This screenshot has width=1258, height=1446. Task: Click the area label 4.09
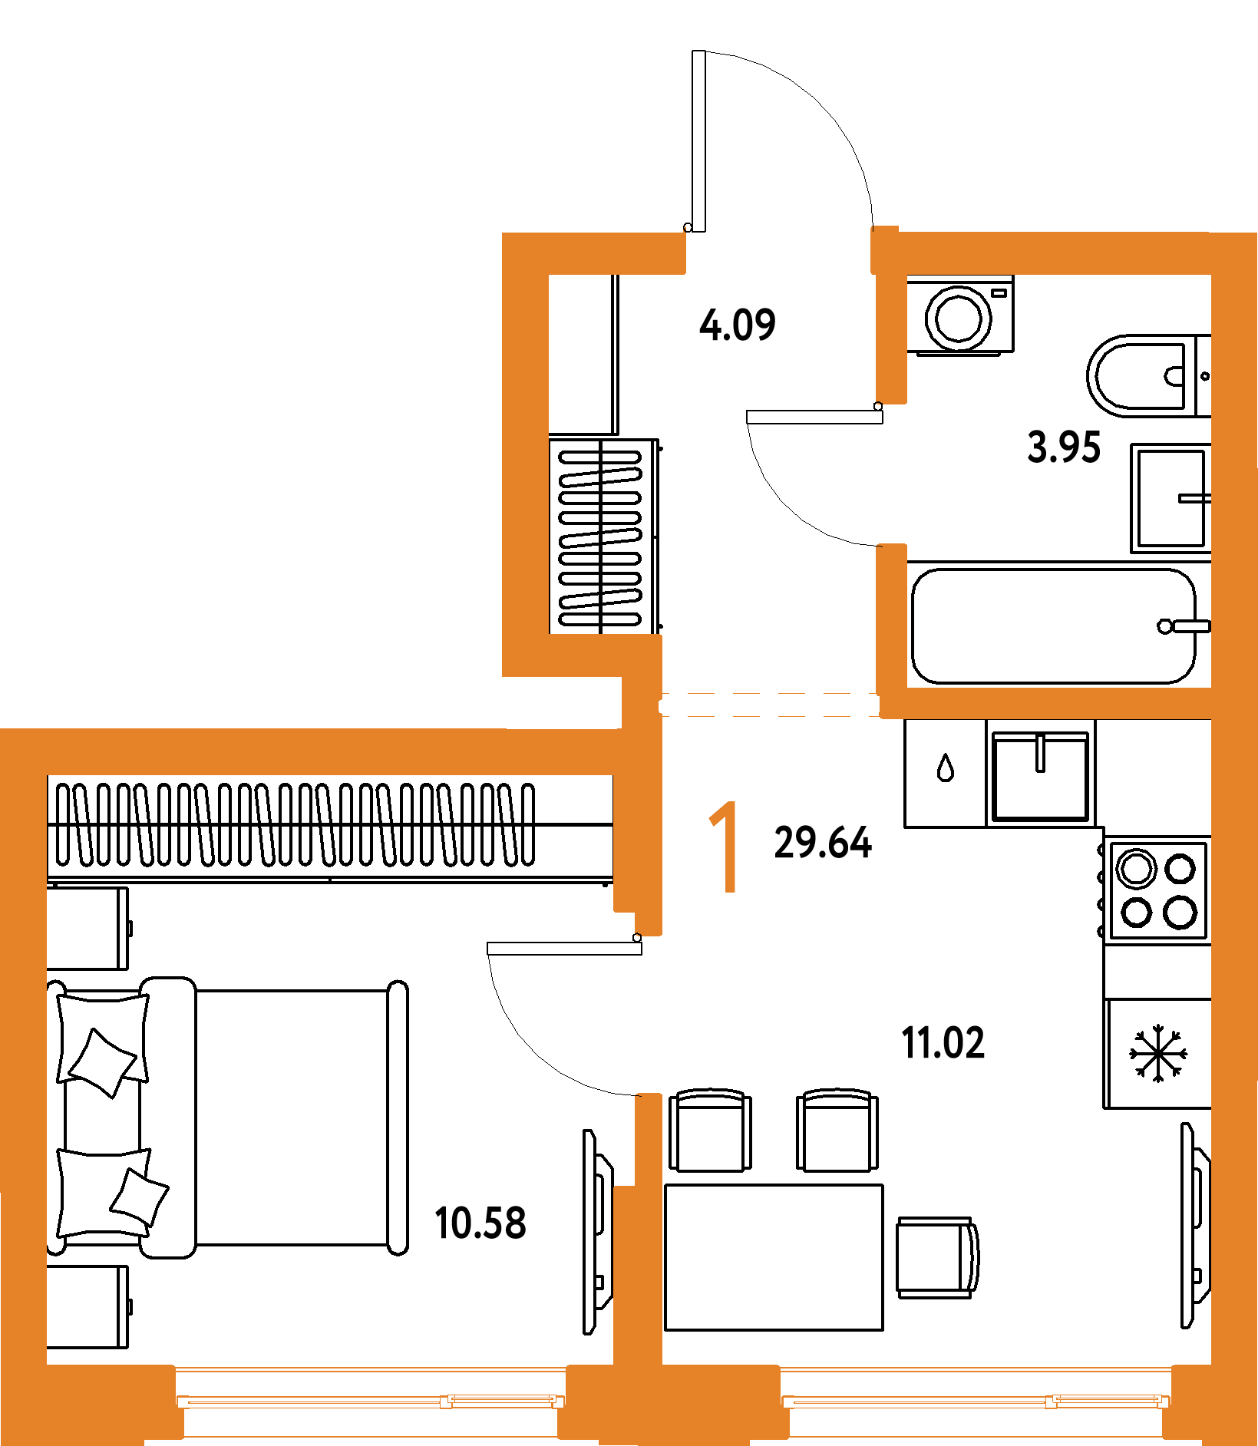click(737, 325)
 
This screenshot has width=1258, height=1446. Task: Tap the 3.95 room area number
click(1064, 447)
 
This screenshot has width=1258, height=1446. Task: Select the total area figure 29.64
click(823, 843)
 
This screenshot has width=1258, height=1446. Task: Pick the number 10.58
click(480, 1223)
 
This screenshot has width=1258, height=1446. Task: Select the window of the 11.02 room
click(976, 1401)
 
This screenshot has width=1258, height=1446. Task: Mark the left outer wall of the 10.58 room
click(23, 1075)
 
